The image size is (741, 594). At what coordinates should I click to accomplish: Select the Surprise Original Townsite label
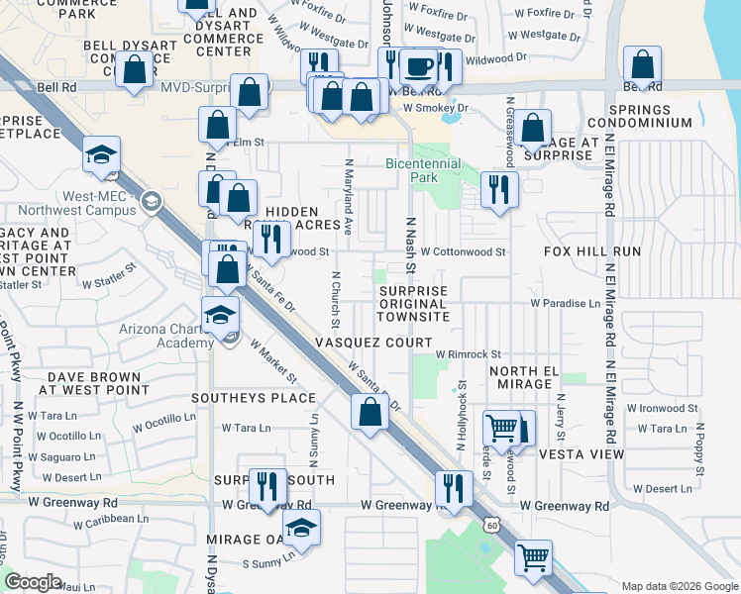[x=413, y=304]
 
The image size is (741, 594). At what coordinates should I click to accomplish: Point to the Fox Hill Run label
[x=592, y=252]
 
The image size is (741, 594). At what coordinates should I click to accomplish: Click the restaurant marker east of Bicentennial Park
[x=498, y=187]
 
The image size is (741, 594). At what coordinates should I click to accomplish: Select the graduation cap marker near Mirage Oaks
[x=301, y=528]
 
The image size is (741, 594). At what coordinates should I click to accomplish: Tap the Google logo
[x=34, y=581]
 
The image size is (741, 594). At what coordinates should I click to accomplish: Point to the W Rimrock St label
[x=469, y=354]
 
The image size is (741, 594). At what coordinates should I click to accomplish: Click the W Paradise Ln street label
[x=566, y=303]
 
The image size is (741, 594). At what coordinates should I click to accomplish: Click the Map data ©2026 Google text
[x=679, y=586]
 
